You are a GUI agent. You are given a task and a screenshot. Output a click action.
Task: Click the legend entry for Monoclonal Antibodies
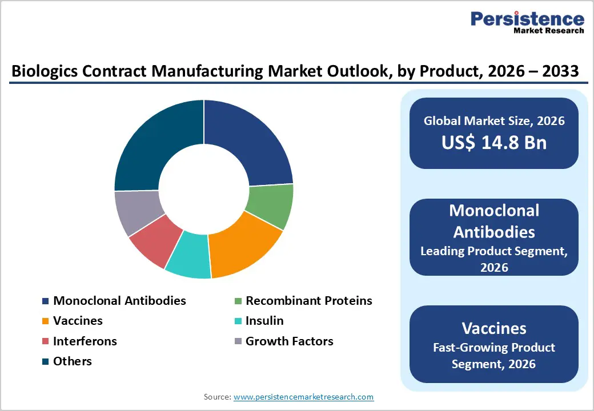119,301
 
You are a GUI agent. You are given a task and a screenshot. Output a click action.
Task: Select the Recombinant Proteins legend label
308,301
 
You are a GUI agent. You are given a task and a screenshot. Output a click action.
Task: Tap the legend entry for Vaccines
78,321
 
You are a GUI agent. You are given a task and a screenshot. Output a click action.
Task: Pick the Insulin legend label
264,321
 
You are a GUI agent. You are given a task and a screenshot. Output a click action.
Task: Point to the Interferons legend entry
85,341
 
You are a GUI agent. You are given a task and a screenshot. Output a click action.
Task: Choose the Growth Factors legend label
289,341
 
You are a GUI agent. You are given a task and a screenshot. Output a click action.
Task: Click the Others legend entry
72,361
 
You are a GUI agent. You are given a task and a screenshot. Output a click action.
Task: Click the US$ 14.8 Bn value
494,142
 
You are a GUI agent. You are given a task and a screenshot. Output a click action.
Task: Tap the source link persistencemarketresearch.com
303,397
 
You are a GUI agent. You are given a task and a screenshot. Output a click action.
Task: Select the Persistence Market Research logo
527,23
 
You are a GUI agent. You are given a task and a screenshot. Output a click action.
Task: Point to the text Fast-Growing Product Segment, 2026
494,355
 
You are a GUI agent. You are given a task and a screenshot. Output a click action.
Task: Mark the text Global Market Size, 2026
494,120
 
